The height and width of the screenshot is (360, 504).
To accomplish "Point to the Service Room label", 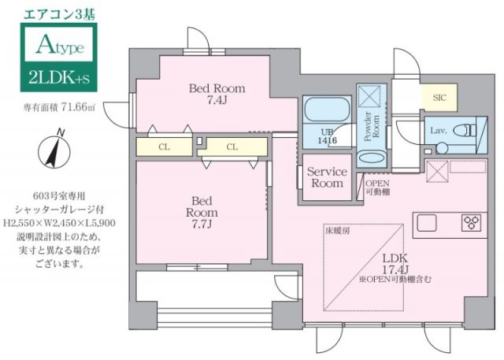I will (x=327, y=177).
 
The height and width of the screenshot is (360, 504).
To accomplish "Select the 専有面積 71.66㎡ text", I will (x=59, y=108).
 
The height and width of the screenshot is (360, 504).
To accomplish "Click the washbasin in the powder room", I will (x=369, y=157).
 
